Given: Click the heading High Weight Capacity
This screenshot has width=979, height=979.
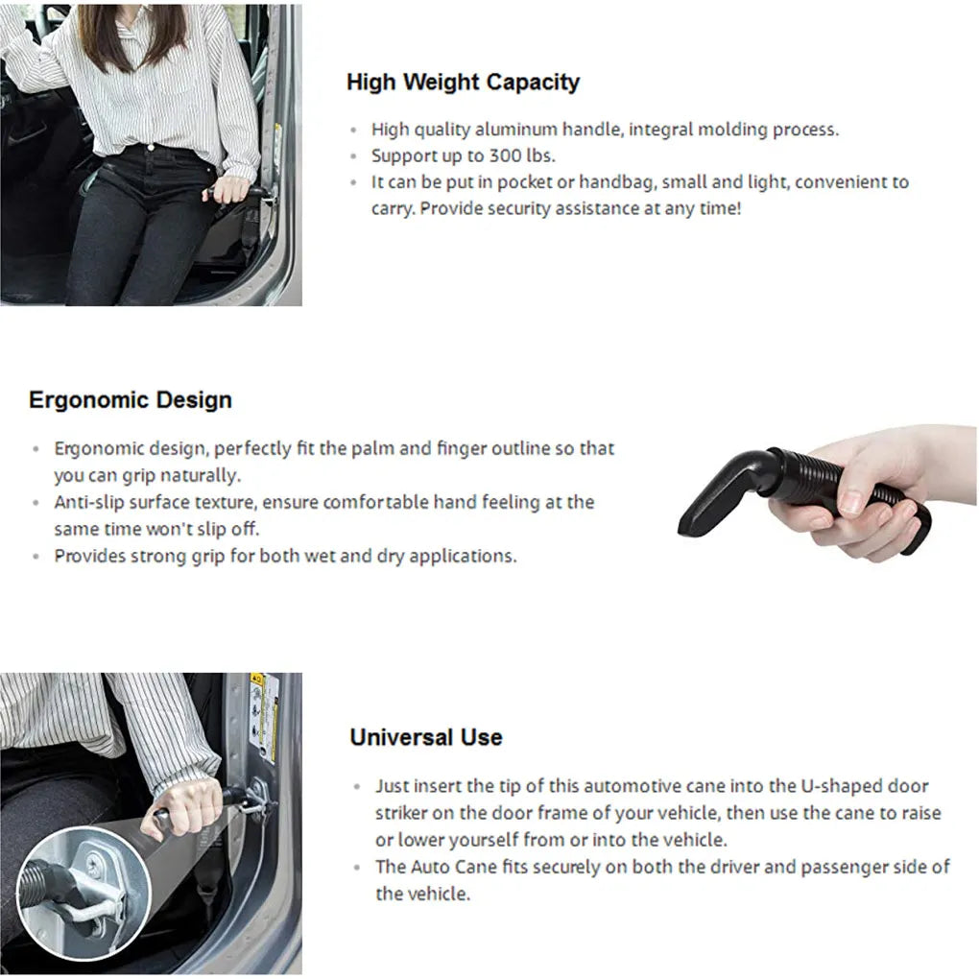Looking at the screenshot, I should [x=463, y=83].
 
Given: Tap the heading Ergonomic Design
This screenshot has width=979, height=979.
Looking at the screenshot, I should [x=131, y=400].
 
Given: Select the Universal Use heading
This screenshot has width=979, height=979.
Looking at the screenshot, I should [x=425, y=737].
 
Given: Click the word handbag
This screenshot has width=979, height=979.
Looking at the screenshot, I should [x=614, y=182].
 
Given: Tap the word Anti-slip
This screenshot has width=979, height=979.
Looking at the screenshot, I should [x=85, y=502].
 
